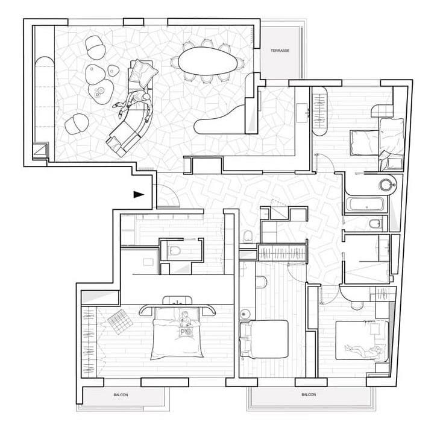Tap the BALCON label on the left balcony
pyautogui.click(x=121, y=396)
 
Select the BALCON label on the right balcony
pyautogui.click(x=308, y=395)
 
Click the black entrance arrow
pyautogui.click(x=139, y=194)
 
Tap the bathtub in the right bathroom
pyautogui.click(x=365, y=204)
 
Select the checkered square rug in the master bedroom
pyautogui.click(x=122, y=320)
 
